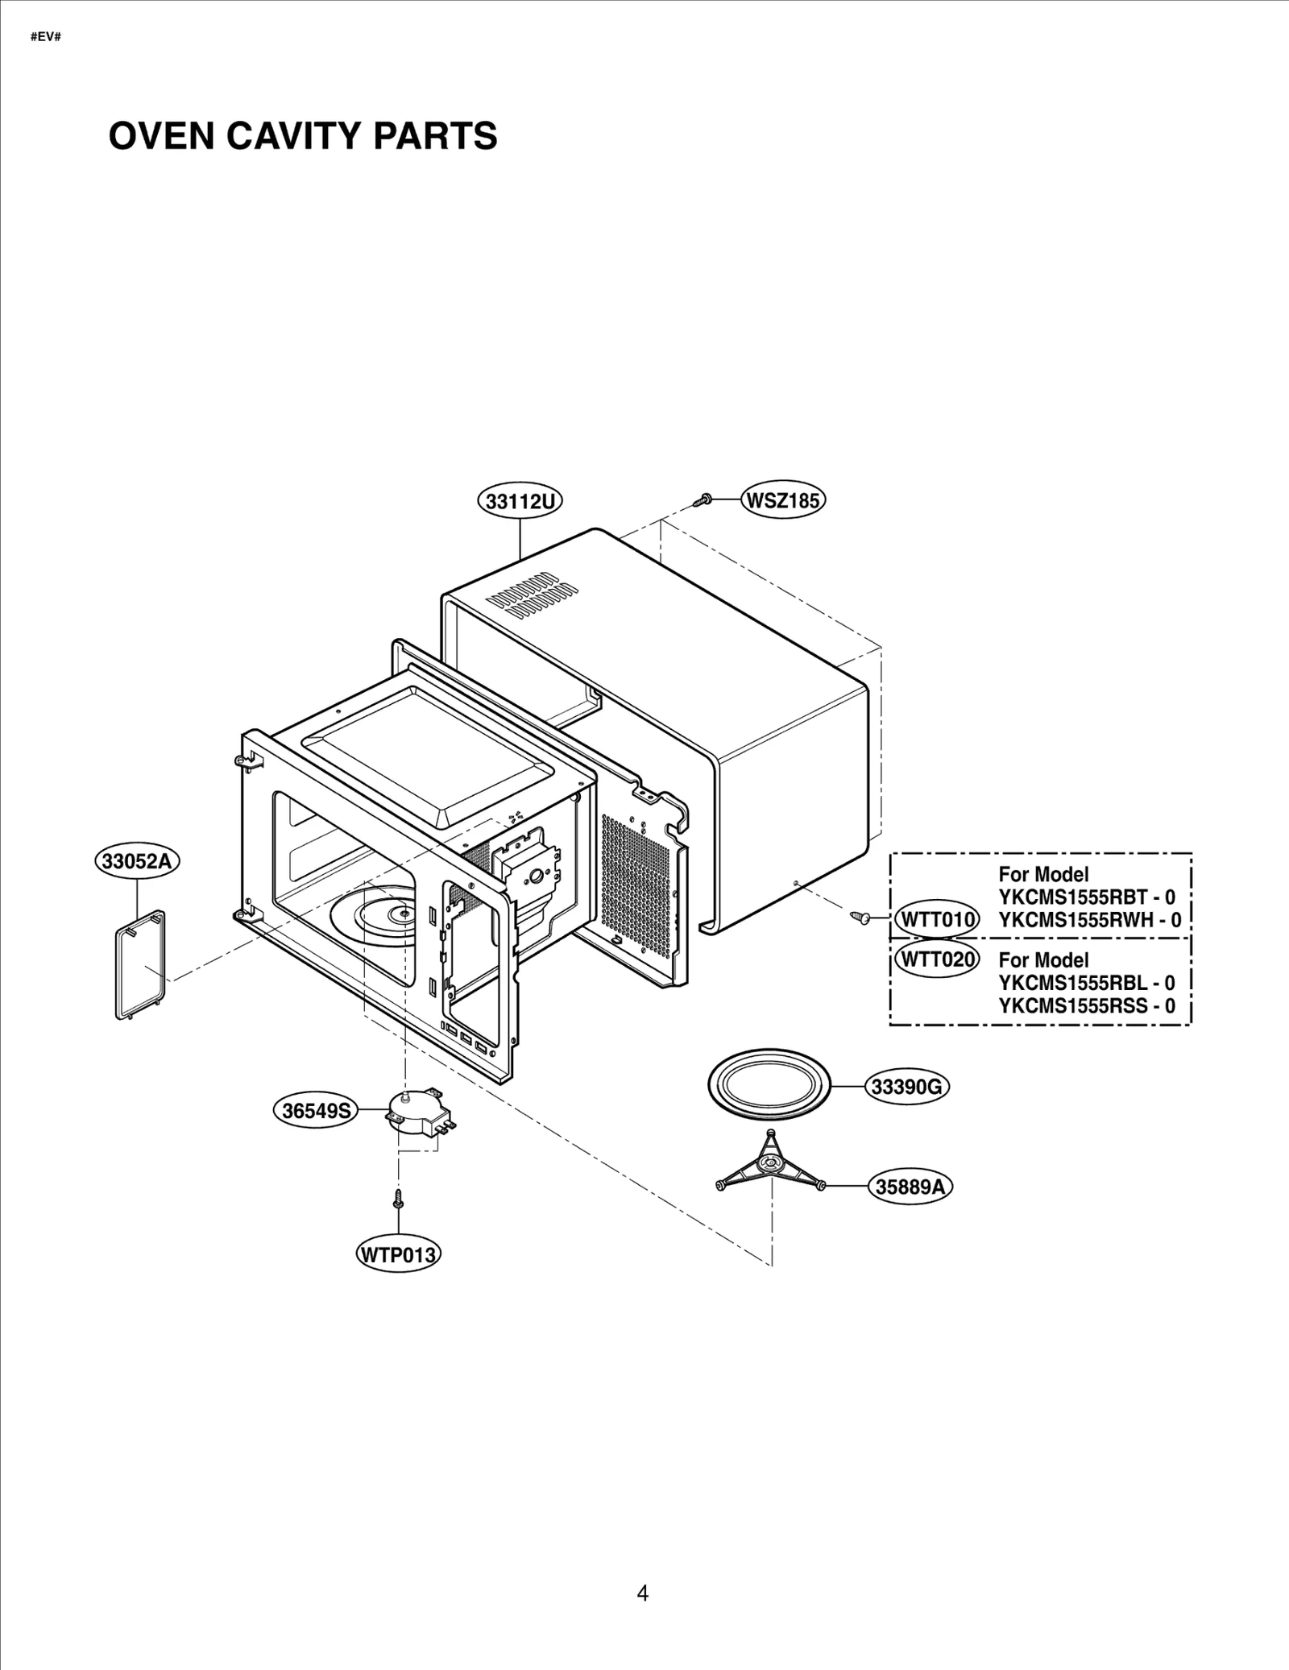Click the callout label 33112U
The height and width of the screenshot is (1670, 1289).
[x=520, y=501]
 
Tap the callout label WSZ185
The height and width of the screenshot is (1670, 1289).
[x=783, y=500]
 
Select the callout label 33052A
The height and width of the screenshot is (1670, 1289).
[x=137, y=861]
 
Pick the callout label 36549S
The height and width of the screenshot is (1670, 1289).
[x=317, y=1111]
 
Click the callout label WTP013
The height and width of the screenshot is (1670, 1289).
[x=398, y=1254]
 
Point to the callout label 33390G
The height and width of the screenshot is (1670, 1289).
[x=907, y=1087]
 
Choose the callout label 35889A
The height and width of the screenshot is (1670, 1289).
[x=910, y=1187]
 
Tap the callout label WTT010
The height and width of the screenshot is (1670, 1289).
[x=937, y=919]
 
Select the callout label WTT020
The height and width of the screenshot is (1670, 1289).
[x=937, y=959]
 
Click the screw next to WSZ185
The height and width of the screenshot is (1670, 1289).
[x=702, y=500]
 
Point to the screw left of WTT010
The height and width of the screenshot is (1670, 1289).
[x=860, y=917]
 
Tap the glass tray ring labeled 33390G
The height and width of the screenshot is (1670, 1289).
[x=768, y=1086]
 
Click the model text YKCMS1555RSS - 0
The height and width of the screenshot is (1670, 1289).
[x=1086, y=1005]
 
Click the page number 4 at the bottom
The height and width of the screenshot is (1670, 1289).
[x=642, y=1593]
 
